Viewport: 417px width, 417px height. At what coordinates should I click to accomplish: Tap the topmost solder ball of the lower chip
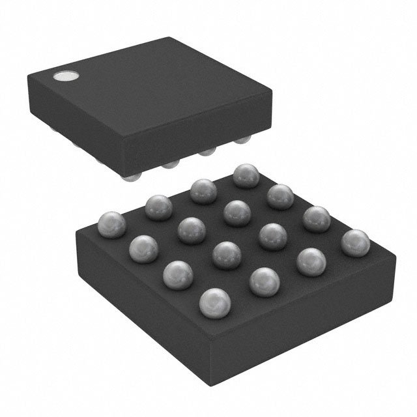click(x=246, y=175)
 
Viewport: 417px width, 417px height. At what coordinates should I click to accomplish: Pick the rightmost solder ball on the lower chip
click(x=354, y=242)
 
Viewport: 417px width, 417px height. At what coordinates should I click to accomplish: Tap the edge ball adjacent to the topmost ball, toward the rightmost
click(x=280, y=195)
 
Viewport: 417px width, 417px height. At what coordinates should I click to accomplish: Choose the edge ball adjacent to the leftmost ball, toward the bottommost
click(x=145, y=248)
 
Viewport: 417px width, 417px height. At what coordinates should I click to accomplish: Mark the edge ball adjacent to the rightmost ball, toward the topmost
click(x=317, y=218)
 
